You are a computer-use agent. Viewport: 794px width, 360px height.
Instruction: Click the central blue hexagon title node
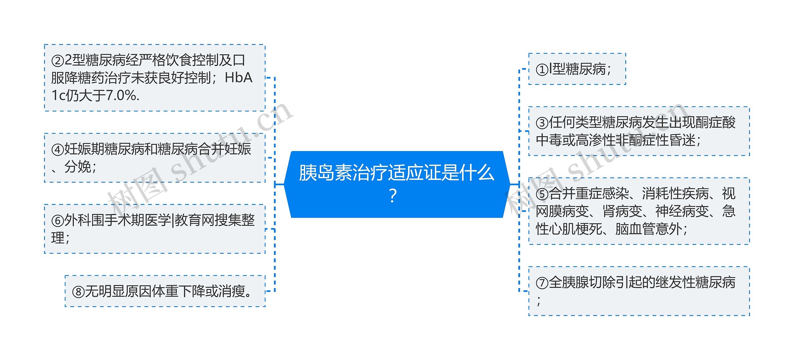pyautogui.click(x=397, y=184)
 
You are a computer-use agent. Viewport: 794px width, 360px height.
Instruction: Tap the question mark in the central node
pyautogui.click(x=393, y=196)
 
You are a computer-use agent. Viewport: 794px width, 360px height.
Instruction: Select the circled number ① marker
pyautogui.click(x=542, y=69)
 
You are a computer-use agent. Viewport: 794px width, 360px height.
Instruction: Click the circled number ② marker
pyautogui.click(x=58, y=61)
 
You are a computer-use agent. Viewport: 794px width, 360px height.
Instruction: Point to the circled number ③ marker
pyautogui.click(x=542, y=123)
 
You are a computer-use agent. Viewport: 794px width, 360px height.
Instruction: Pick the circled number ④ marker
pyautogui.click(x=58, y=150)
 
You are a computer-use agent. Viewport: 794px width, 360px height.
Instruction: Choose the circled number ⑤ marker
pyautogui.click(x=542, y=194)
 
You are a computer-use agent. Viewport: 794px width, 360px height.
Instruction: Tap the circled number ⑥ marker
pyautogui.click(x=58, y=221)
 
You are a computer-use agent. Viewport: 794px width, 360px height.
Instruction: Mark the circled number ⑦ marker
pyautogui.click(x=542, y=283)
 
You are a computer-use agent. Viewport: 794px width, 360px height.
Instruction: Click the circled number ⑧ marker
pyautogui.click(x=78, y=292)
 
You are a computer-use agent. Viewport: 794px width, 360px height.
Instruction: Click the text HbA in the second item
pyautogui.click(x=239, y=78)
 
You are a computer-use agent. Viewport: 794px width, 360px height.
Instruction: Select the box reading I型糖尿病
pyautogui.click(x=577, y=69)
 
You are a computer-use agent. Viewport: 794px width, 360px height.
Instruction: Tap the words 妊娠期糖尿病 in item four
pyautogui.click(x=104, y=149)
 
